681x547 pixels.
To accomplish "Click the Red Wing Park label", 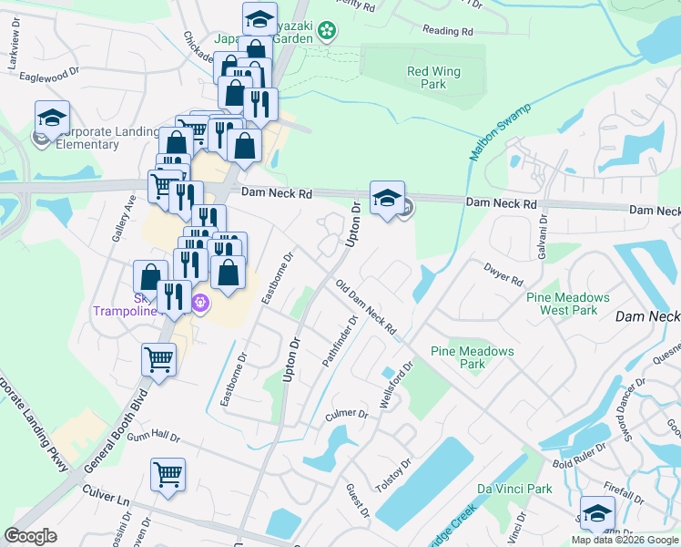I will (x=433, y=77).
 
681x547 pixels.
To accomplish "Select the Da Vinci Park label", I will (x=514, y=489).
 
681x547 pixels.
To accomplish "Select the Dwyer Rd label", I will (x=503, y=274).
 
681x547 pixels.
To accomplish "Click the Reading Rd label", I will (x=448, y=31).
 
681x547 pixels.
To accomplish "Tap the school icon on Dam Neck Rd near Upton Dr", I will (x=387, y=197).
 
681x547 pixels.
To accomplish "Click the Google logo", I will (x=31, y=535).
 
